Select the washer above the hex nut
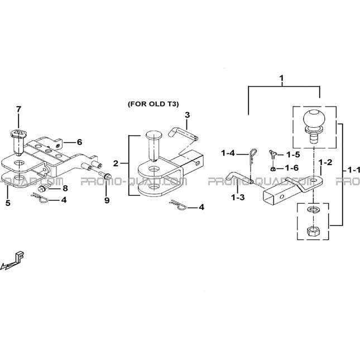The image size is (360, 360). point(313,210)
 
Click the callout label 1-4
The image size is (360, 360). point(228,153)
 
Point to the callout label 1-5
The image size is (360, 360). point(293,155)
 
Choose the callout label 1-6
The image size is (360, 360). point(292,168)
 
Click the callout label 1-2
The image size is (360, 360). point(325,162)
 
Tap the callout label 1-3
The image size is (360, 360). point(238,197)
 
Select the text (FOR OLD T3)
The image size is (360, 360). point(153,104)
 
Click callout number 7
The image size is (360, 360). point(18,109)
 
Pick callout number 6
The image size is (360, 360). point(79,142)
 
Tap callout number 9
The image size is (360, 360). point(107,200)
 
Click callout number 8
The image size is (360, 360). point(65,188)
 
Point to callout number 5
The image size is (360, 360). point(8,203)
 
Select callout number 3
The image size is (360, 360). point(188,115)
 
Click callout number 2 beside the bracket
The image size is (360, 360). point(116,164)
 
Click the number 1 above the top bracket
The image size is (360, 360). point(281,78)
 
